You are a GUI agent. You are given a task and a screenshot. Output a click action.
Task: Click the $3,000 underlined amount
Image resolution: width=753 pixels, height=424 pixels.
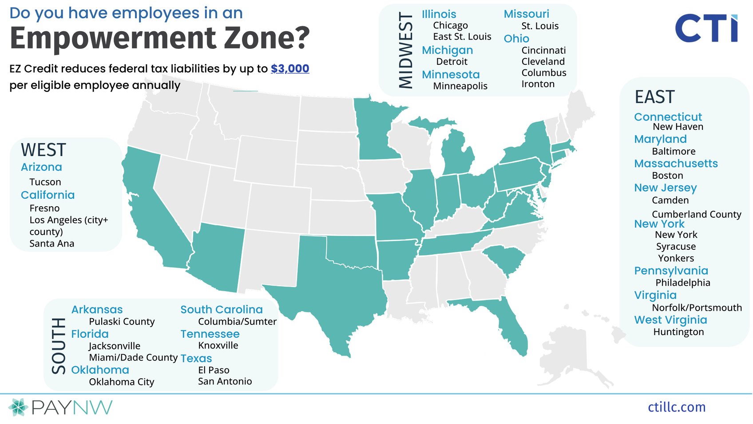[x=290, y=68]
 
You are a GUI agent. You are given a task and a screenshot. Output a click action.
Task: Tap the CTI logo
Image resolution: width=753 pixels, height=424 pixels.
[x=706, y=28]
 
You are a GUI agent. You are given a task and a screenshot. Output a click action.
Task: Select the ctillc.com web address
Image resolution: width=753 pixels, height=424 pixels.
[x=676, y=407]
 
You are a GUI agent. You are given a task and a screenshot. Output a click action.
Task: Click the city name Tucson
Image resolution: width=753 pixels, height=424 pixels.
[x=45, y=182]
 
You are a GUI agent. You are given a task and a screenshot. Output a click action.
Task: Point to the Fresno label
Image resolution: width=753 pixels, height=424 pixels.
[x=44, y=208]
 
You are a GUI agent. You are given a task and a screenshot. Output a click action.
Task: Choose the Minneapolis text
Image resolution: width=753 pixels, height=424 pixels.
[x=460, y=86]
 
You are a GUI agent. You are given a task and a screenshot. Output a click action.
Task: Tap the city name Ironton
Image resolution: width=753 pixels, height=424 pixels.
[x=538, y=84]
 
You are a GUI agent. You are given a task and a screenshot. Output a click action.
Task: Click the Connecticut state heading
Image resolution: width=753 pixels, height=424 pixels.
[x=668, y=117]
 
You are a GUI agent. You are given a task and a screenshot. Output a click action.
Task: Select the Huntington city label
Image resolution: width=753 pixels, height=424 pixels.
[x=678, y=332]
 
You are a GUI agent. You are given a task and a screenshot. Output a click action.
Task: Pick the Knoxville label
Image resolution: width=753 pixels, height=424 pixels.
[x=218, y=345]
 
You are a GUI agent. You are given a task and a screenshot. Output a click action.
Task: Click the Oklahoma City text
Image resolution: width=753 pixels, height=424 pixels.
[x=121, y=382]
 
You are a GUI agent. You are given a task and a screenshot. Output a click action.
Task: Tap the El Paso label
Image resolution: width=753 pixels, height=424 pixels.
[x=214, y=370]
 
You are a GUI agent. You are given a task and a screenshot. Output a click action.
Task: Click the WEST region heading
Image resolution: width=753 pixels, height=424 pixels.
[x=44, y=150]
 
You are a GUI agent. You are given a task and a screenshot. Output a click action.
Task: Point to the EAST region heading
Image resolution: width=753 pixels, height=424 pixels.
[x=654, y=97]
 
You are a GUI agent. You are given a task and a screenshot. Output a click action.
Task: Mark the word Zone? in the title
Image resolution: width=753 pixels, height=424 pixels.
[x=266, y=38]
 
